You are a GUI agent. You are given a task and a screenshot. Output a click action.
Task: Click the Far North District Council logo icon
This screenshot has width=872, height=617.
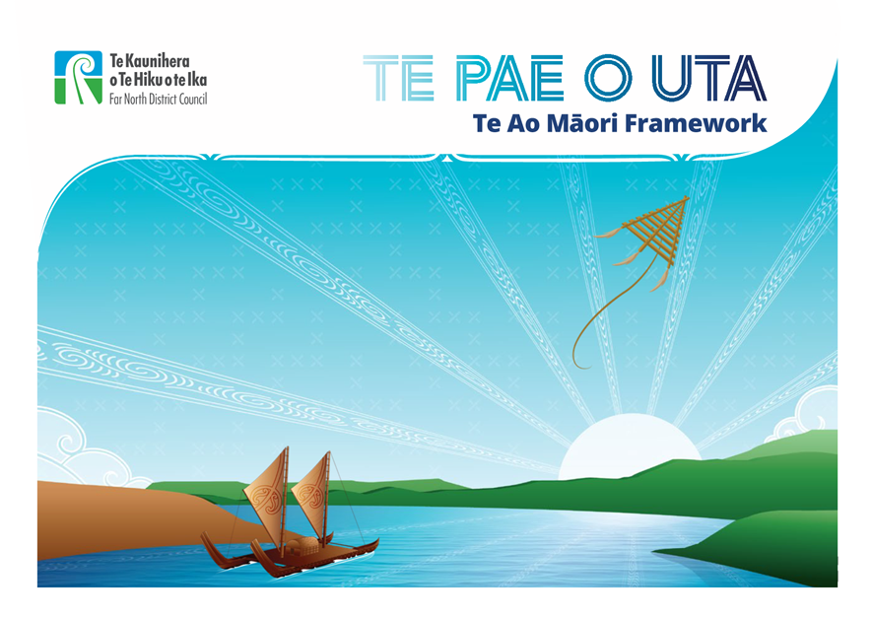(x=79, y=77)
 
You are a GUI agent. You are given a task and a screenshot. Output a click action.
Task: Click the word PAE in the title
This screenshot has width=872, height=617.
(x=508, y=78)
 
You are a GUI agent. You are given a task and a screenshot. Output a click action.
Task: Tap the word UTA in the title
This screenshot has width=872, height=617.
(x=709, y=78)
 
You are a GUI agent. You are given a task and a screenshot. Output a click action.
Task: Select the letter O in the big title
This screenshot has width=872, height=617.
(x=608, y=78)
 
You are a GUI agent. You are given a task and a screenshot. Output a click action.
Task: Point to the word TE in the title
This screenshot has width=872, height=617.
(x=398, y=78)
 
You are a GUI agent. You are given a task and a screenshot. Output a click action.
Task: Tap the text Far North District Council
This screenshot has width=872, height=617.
(x=158, y=99)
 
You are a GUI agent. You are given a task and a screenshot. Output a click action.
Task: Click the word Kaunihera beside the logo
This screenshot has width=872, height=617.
(x=157, y=61)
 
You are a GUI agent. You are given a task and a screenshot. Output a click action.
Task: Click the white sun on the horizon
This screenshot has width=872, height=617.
(x=629, y=446)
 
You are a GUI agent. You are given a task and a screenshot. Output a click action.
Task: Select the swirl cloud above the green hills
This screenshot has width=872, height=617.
(x=806, y=415)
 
